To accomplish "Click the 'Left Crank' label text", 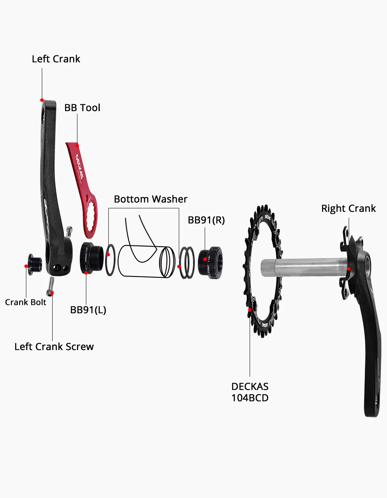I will click(56, 59).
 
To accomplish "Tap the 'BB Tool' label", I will click(82, 108).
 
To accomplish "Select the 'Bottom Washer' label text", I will click(151, 199).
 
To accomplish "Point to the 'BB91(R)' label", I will click(206, 220).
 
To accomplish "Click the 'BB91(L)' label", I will click(88, 310).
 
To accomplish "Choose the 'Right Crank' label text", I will click(348, 208).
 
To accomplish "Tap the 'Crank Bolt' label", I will click(26, 302).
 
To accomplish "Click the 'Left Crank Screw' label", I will click(54, 347).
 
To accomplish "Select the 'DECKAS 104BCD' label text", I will click(250, 392).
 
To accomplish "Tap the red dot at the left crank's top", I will click(42, 100).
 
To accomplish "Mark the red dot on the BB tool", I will click(77, 146).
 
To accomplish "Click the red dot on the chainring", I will click(250, 310).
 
